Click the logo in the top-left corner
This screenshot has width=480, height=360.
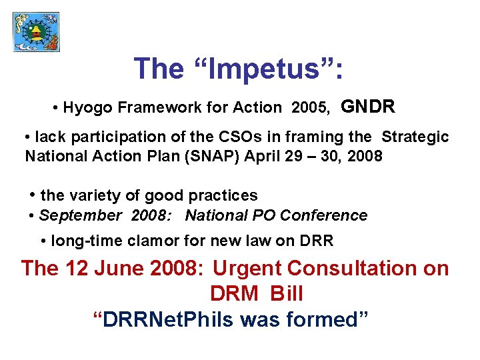(37, 31)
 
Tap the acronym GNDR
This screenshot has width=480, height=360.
(368, 107)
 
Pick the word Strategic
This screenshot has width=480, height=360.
(415, 137)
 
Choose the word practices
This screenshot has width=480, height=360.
(223, 196)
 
